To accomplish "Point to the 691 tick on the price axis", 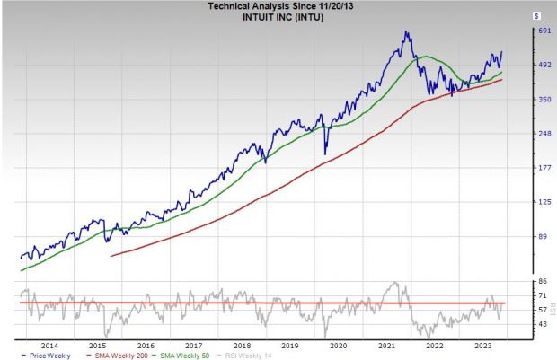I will coord(518,31).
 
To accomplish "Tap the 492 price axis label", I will coord(518,65).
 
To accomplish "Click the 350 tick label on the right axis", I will coord(518,99).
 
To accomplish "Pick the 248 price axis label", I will coord(518,134).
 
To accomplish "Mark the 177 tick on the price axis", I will coord(518,168).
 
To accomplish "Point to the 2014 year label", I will coord(49,345).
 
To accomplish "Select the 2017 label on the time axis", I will coord(194,345).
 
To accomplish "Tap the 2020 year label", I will coord(339,345).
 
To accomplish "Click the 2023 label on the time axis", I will coord(482,345).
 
